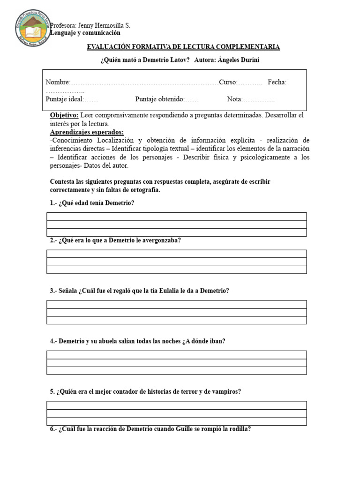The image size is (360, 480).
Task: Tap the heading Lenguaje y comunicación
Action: click(85, 33)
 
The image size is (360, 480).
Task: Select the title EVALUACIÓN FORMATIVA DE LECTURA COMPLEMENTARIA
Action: click(183, 47)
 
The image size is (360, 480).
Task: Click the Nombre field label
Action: click(58, 82)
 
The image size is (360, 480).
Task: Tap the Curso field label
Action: click(228, 82)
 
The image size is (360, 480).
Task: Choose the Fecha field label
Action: click(277, 82)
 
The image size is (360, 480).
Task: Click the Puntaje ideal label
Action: click(64, 99)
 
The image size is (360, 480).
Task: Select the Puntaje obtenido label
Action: click(159, 99)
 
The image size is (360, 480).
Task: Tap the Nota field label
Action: click(235, 99)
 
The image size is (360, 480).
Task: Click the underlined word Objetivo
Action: click(65, 115)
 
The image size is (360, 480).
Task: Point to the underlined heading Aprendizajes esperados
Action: click(87, 132)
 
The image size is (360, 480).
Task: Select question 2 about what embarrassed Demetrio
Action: click(115, 240)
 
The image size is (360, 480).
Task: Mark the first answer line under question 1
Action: click(176, 216)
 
